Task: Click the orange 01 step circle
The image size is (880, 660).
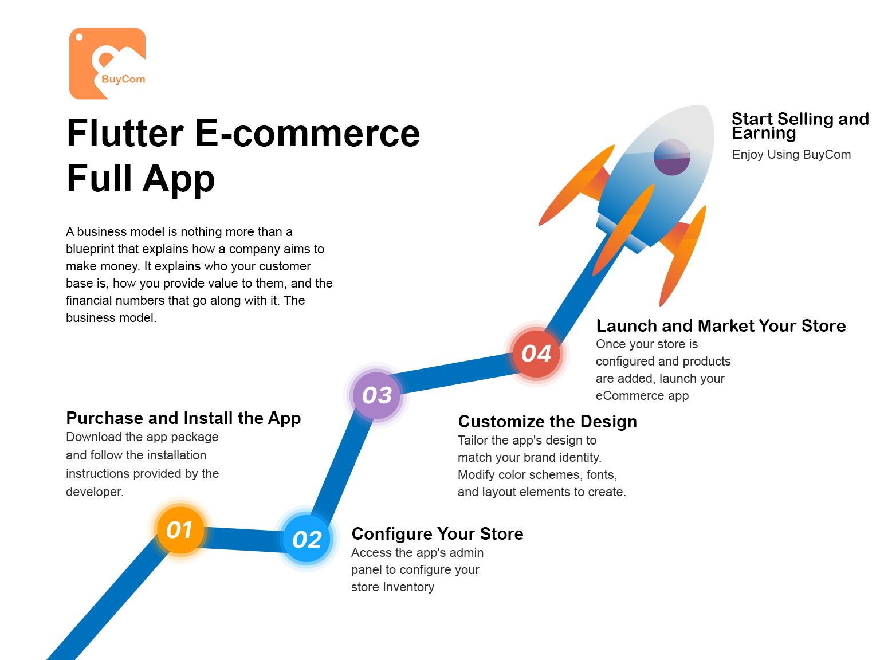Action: coord(180,530)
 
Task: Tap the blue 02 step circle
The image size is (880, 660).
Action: coord(307,539)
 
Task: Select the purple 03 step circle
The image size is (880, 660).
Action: coord(376,395)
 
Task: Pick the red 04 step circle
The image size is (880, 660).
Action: coord(536,353)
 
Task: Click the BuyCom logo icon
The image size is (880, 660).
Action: coord(108,64)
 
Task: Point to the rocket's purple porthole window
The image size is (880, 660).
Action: coord(671,157)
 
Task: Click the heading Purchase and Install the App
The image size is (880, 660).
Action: coord(183,418)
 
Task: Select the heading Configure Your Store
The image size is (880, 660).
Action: coord(437,534)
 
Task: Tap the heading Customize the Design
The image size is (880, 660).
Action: coord(547,422)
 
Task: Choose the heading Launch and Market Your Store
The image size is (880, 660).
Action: coord(721,326)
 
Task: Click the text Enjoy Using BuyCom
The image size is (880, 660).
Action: coord(791,154)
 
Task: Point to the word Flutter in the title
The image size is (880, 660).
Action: coord(125,133)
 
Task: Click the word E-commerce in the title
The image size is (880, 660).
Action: coord(308,133)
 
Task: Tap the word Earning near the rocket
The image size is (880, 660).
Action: coord(764,133)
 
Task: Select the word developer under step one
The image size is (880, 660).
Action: coord(95,492)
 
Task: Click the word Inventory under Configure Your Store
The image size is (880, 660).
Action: coord(408,587)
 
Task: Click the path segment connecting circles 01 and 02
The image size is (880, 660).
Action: coord(243,539)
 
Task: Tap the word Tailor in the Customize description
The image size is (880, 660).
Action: coord(473,440)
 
